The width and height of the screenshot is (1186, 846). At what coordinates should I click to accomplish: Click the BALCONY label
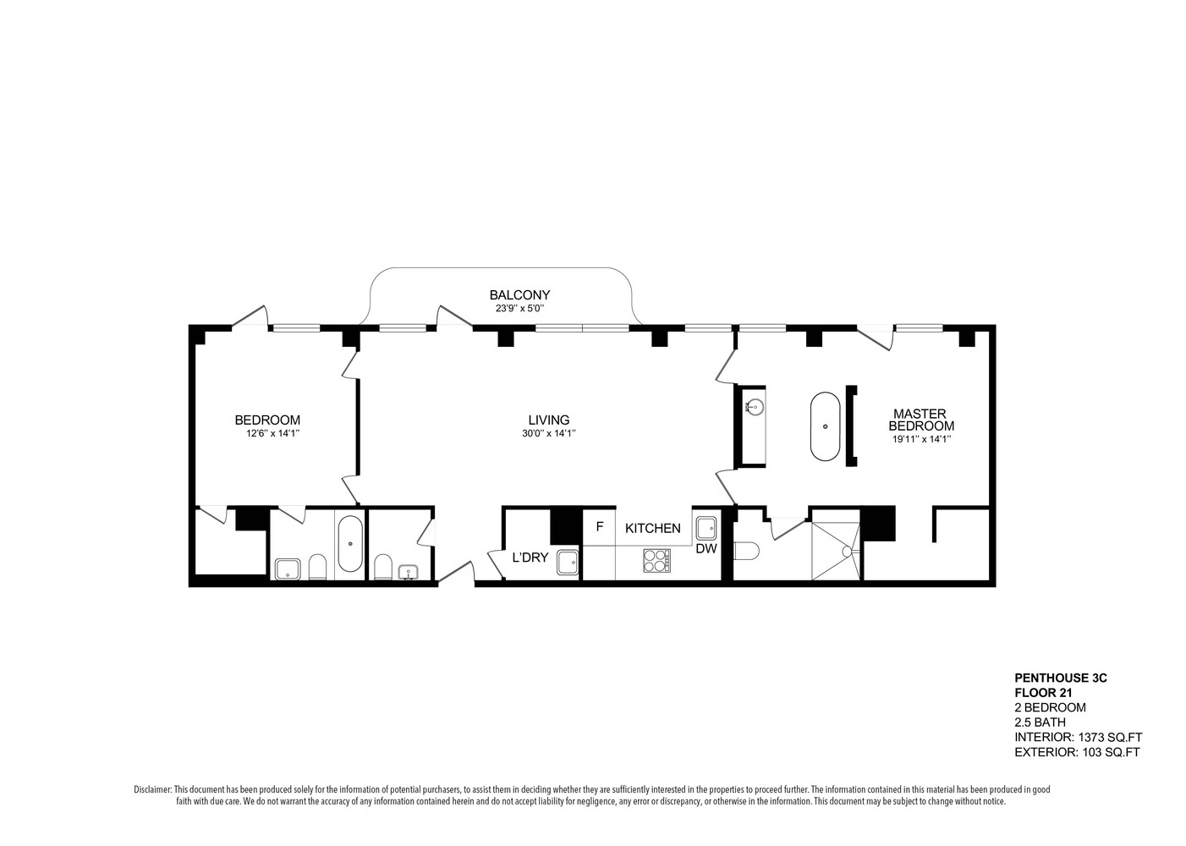519,295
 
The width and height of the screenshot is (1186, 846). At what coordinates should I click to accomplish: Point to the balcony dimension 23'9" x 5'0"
519,309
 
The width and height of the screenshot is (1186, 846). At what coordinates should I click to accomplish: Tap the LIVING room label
548,420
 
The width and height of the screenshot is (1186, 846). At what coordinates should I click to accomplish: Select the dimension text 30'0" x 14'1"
548,433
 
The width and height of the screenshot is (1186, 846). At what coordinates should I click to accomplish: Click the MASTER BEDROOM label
920,420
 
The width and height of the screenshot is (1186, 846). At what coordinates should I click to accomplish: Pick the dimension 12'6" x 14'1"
266,433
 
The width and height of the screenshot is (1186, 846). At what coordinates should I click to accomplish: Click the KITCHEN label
652,528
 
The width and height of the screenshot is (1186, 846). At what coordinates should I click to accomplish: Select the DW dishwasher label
706,548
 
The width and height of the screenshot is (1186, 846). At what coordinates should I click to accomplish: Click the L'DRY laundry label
530,558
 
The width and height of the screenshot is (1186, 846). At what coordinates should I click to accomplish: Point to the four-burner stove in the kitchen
656,559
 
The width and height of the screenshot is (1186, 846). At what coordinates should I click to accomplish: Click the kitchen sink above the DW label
706,528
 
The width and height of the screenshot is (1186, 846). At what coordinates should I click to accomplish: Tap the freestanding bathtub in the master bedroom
825,426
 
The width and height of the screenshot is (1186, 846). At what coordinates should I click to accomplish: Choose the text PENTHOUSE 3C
1060,678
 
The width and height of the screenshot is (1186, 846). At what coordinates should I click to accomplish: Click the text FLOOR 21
1043,692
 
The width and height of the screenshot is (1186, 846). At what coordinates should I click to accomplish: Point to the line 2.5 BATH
1040,722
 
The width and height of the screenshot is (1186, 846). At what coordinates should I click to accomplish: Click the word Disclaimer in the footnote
152,789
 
